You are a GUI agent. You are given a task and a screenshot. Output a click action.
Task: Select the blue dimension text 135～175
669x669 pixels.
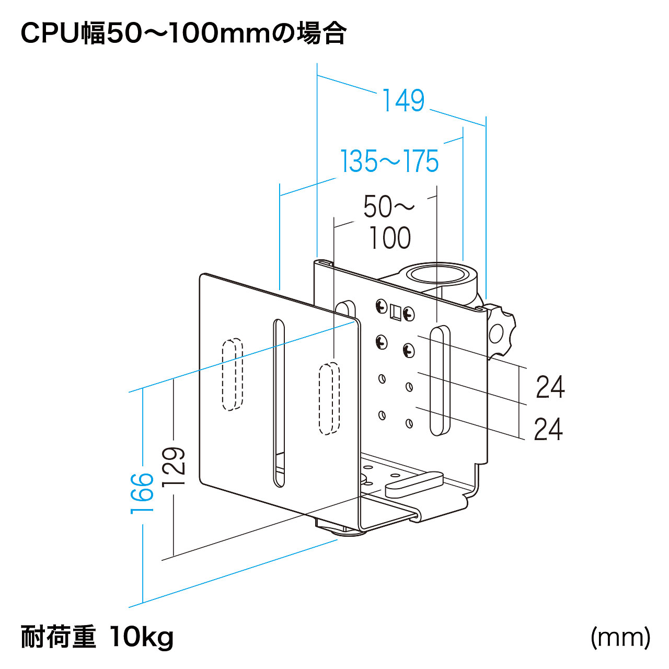tap(389, 161)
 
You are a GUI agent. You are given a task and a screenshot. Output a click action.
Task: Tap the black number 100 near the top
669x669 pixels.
tap(390, 238)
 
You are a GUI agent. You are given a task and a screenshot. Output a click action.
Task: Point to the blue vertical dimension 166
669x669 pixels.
tap(142, 493)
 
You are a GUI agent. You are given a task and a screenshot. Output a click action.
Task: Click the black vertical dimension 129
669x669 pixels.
tap(174, 466)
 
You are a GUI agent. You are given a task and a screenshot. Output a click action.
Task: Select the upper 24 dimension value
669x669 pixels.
tap(550, 387)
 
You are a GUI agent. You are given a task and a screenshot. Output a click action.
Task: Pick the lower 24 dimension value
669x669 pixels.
tap(548, 429)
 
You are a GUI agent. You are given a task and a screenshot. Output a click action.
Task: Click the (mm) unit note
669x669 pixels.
tap(620, 637)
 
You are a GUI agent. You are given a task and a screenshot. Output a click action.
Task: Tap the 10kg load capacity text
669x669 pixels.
tap(142, 637)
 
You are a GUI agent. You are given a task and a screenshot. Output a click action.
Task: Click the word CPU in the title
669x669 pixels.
tap(50, 34)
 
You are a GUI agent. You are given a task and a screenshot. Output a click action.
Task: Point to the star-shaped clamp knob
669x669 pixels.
tap(501, 330)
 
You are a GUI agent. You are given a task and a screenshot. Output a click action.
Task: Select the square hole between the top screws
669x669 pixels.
tap(396, 312)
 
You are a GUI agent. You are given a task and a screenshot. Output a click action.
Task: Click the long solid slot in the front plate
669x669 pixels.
tap(280, 402)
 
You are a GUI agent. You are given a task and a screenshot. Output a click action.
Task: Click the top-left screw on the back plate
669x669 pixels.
tap(381, 306)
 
